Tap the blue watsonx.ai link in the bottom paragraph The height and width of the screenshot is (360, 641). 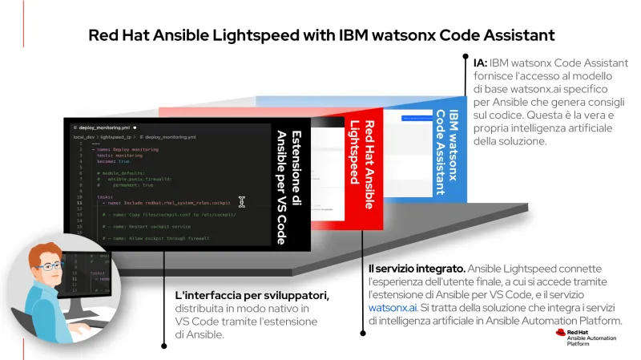(x=393, y=306)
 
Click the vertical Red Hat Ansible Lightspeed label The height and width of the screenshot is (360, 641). (x=361, y=164)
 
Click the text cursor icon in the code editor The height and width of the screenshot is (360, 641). (x=241, y=202)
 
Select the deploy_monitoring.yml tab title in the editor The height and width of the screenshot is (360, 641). (x=104, y=127)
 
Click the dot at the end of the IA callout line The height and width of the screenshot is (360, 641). (x=465, y=57)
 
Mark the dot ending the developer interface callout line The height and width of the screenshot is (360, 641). (x=163, y=346)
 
